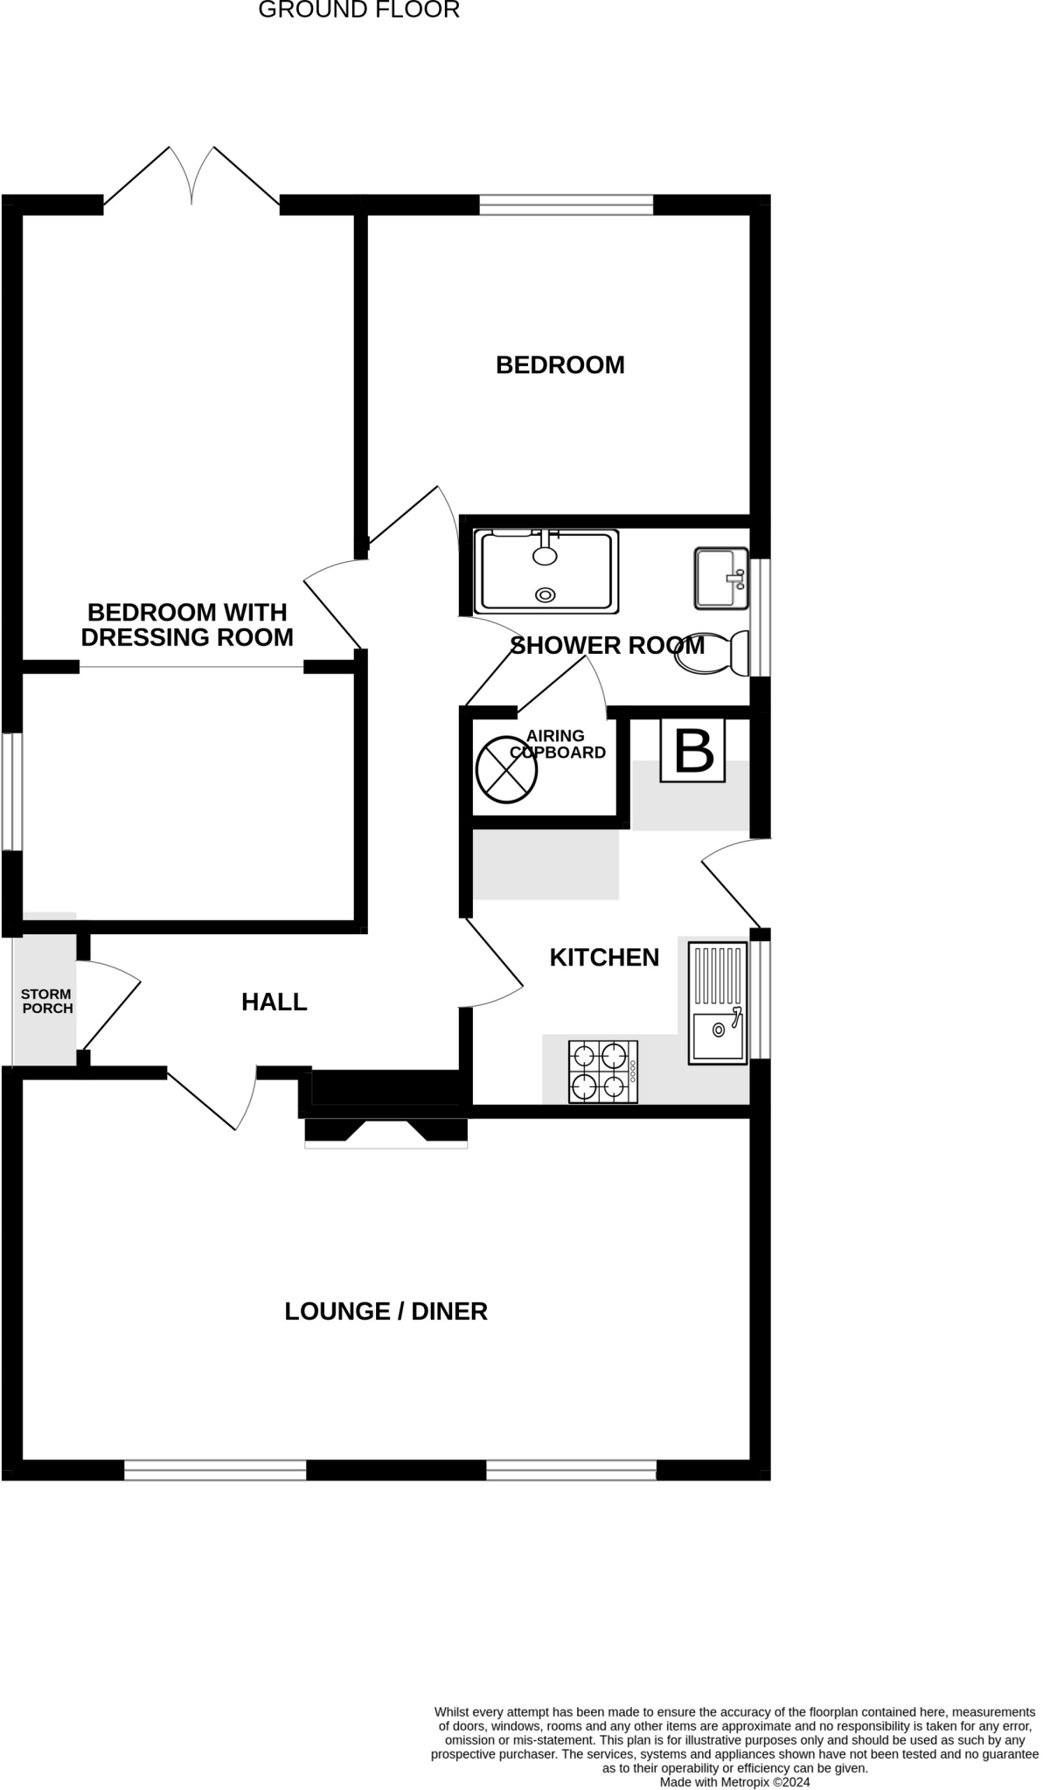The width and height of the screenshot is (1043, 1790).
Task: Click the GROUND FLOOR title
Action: [358, 10]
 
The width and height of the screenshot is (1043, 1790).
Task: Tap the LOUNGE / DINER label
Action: [386, 1311]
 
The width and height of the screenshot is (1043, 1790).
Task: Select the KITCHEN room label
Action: [604, 958]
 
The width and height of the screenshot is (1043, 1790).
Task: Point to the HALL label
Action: [274, 1003]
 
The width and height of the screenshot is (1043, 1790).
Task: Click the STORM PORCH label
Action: [46, 1001]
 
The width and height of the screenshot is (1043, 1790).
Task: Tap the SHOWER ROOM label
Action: [607, 646]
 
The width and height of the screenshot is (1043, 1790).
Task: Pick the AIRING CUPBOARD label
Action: [557, 744]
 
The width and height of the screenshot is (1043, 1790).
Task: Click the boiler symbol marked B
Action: [693, 750]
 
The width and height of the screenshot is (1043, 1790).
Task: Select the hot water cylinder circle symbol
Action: [506, 770]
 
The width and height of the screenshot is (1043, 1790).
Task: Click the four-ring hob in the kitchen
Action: [603, 1072]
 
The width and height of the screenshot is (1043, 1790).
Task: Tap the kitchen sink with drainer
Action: [718, 1003]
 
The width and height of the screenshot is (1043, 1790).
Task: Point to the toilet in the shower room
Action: [713, 653]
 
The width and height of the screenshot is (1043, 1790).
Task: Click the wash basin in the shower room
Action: [721, 578]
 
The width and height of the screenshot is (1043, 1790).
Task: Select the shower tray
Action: [546, 571]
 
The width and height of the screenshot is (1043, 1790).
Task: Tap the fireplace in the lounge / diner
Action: [386, 1131]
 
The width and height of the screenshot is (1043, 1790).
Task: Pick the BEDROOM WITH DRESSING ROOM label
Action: [187, 625]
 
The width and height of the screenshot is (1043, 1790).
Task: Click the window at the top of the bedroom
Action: [567, 205]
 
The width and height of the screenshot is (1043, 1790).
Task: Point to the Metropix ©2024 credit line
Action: [734, 1782]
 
